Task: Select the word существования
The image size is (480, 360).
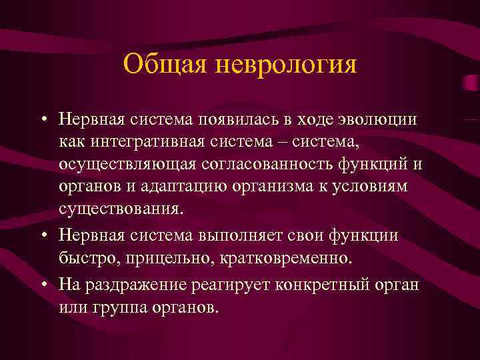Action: [x=120, y=209]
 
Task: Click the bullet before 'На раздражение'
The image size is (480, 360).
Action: [x=43, y=284]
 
